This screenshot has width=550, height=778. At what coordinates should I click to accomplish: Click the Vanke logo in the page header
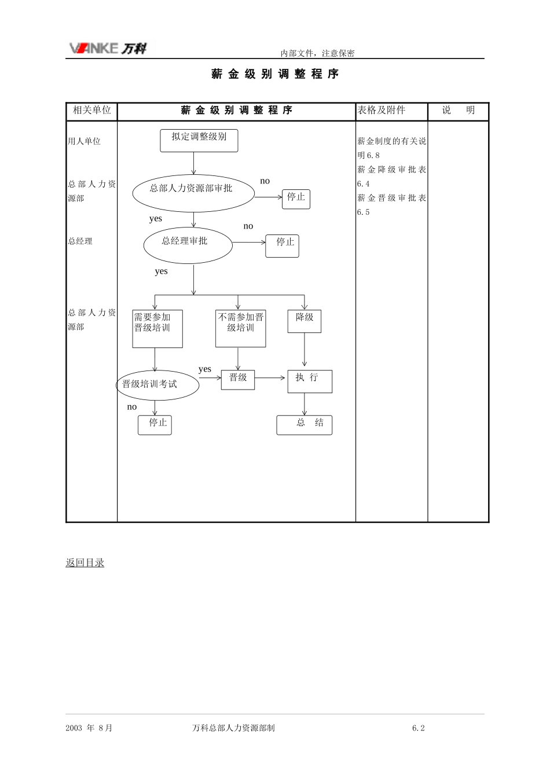coord(108,48)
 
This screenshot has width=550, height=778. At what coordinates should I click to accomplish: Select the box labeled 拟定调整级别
coord(199,141)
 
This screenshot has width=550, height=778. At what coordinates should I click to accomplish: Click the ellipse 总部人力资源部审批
coord(193,193)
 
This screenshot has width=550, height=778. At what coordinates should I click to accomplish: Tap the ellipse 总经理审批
coord(188,245)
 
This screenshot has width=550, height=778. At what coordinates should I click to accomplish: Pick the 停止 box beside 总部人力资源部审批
coord(296,199)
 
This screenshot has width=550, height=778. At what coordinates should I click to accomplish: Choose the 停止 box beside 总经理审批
coord(282,246)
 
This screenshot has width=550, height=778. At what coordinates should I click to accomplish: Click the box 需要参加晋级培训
coord(157,329)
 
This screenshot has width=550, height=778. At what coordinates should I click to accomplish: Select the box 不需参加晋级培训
coord(240,329)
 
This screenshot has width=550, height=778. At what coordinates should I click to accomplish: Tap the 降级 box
coord(305,321)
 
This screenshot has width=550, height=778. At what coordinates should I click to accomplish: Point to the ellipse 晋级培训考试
coord(157,385)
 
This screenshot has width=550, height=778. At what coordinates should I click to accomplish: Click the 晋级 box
coord(238,380)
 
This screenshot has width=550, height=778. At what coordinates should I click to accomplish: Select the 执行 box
coord(310,381)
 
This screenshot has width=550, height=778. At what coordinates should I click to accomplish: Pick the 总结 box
coord(305,425)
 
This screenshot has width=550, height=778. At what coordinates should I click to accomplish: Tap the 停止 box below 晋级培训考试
coord(155,425)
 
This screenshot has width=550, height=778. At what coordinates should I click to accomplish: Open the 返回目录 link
coord(85,563)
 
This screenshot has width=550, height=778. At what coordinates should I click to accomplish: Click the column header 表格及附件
coord(381,110)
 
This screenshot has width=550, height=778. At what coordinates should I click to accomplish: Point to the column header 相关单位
coord(91,110)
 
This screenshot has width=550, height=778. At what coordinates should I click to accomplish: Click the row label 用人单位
coord(84,141)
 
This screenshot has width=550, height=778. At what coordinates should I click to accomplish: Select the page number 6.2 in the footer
coord(419,728)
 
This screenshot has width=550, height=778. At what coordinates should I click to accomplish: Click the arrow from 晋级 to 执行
coord(270,377)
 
